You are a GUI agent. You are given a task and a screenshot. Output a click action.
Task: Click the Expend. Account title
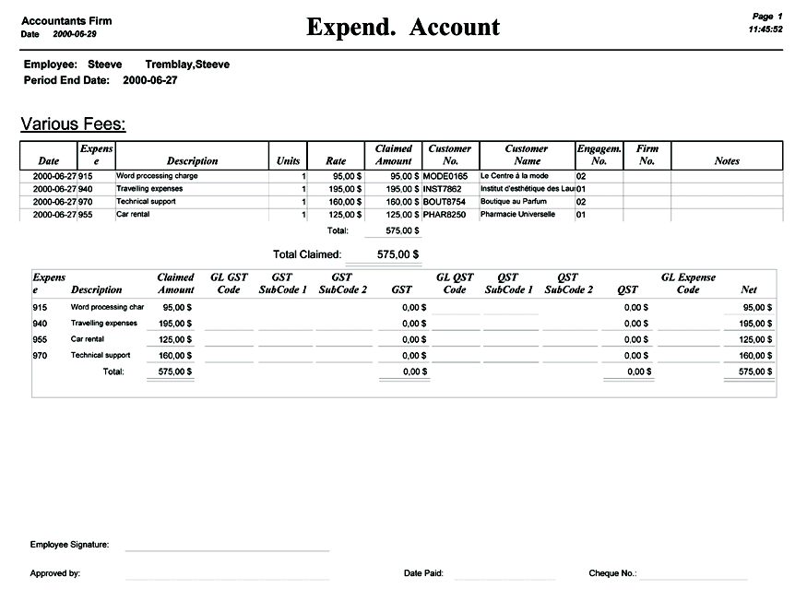[x=403, y=28]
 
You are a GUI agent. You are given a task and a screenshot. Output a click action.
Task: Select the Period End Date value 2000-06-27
[x=149, y=80]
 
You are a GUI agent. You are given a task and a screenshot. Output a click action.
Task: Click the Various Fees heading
[x=73, y=124]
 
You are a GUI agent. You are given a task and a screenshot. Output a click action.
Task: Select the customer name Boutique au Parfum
[x=514, y=201]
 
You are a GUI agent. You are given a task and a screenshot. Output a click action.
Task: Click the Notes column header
[x=727, y=161]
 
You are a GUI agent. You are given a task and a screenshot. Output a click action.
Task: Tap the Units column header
[x=288, y=161]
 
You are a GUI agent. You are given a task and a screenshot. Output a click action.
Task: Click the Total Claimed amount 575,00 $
[x=398, y=254]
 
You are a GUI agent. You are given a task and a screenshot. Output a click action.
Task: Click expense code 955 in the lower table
[x=40, y=339]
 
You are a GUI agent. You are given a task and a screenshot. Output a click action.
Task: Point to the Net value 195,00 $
[x=754, y=324]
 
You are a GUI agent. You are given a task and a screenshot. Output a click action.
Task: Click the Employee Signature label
[x=69, y=545]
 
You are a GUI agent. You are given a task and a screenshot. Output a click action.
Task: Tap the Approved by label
[x=54, y=573]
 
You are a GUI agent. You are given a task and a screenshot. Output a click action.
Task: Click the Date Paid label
[x=423, y=573]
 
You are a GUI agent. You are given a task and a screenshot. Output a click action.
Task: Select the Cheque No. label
[x=612, y=573]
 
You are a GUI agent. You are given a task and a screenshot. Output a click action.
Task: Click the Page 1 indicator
[x=767, y=17]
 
